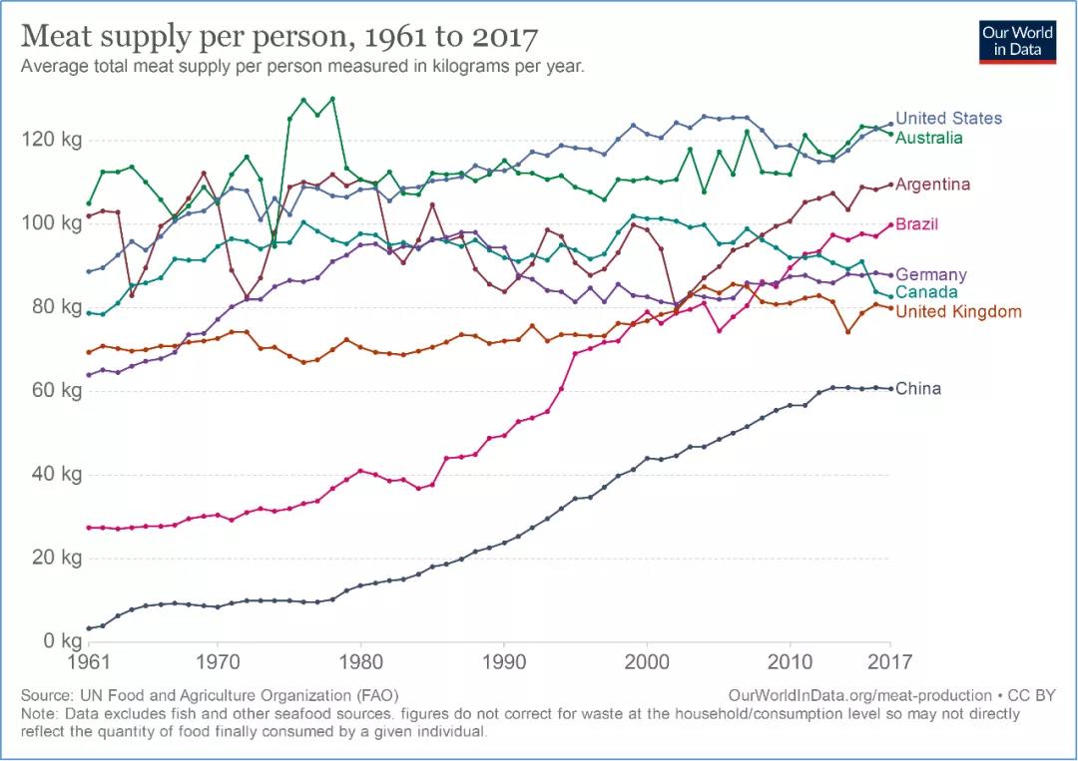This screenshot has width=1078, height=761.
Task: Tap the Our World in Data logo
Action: [1018, 40]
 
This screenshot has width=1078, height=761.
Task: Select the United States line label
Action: [948, 118]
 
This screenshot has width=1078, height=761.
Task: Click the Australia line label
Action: [929, 138]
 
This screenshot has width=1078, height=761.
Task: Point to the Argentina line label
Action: [932, 185]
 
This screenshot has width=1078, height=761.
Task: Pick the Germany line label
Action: [931, 274]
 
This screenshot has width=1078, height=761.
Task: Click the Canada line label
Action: [926, 292]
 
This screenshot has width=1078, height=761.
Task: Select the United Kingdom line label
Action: [958, 312]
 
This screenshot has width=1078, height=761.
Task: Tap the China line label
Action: [918, 388]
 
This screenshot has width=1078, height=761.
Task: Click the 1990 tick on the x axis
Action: [504, 660]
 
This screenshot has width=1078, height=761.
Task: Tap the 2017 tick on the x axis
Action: [890, 660]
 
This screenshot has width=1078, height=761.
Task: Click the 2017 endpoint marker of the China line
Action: [890, 388]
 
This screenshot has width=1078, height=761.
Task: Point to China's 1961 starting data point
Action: [89, 628]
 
